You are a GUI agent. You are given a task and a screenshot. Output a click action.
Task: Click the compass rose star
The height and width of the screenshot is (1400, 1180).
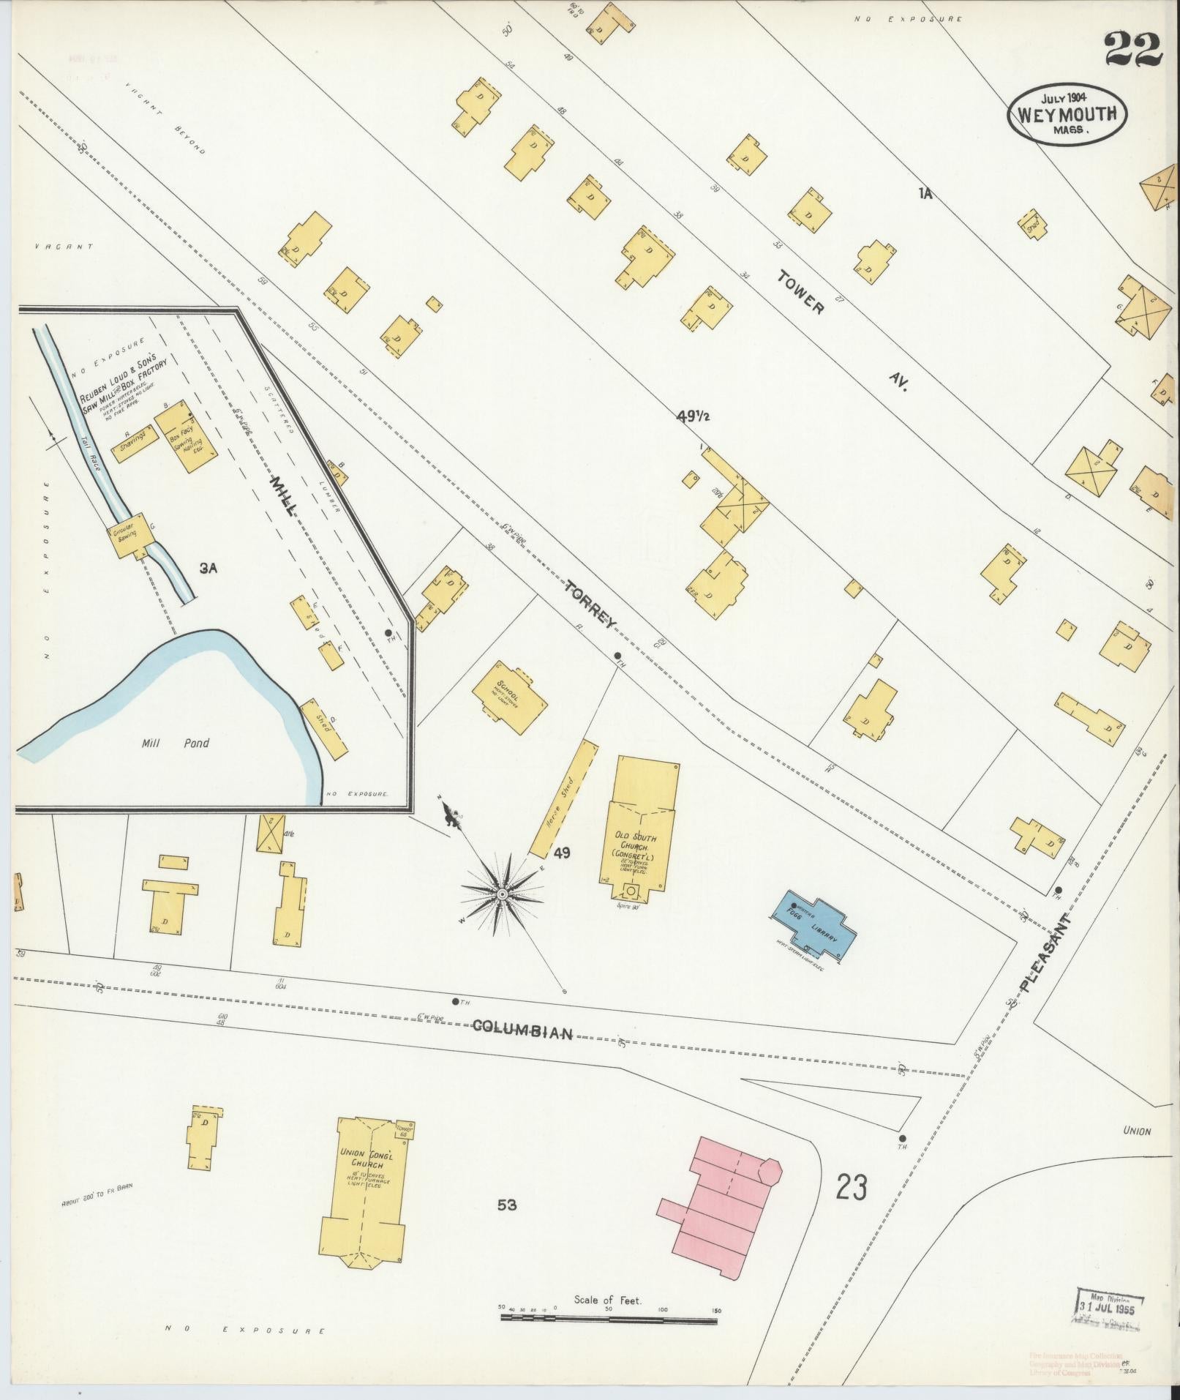(x=502, y=894)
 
